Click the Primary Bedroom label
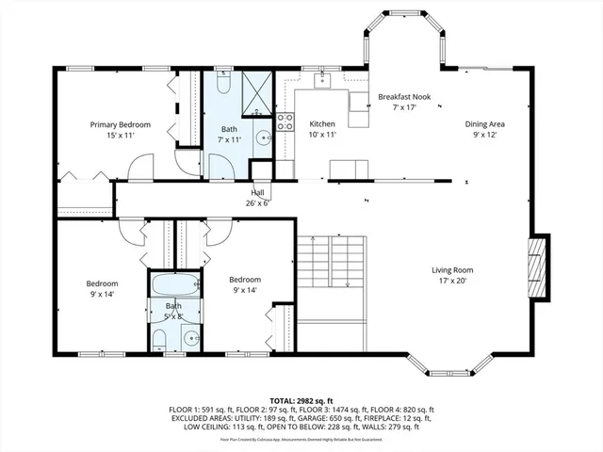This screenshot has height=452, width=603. [120, 124]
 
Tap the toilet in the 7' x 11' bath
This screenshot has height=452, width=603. [222, 84]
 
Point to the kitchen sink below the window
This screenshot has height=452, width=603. [324, 80]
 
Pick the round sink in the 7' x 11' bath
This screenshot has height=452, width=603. [263, 138]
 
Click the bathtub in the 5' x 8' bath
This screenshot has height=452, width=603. [173, 283]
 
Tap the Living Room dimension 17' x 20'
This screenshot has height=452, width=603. [451, 280]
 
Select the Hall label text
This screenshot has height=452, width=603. [257, 192]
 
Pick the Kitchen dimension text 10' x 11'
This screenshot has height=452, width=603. [322, 135]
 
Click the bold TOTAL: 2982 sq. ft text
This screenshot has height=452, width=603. [301, 400]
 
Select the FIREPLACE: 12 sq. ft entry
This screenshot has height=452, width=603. [399, 419]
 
